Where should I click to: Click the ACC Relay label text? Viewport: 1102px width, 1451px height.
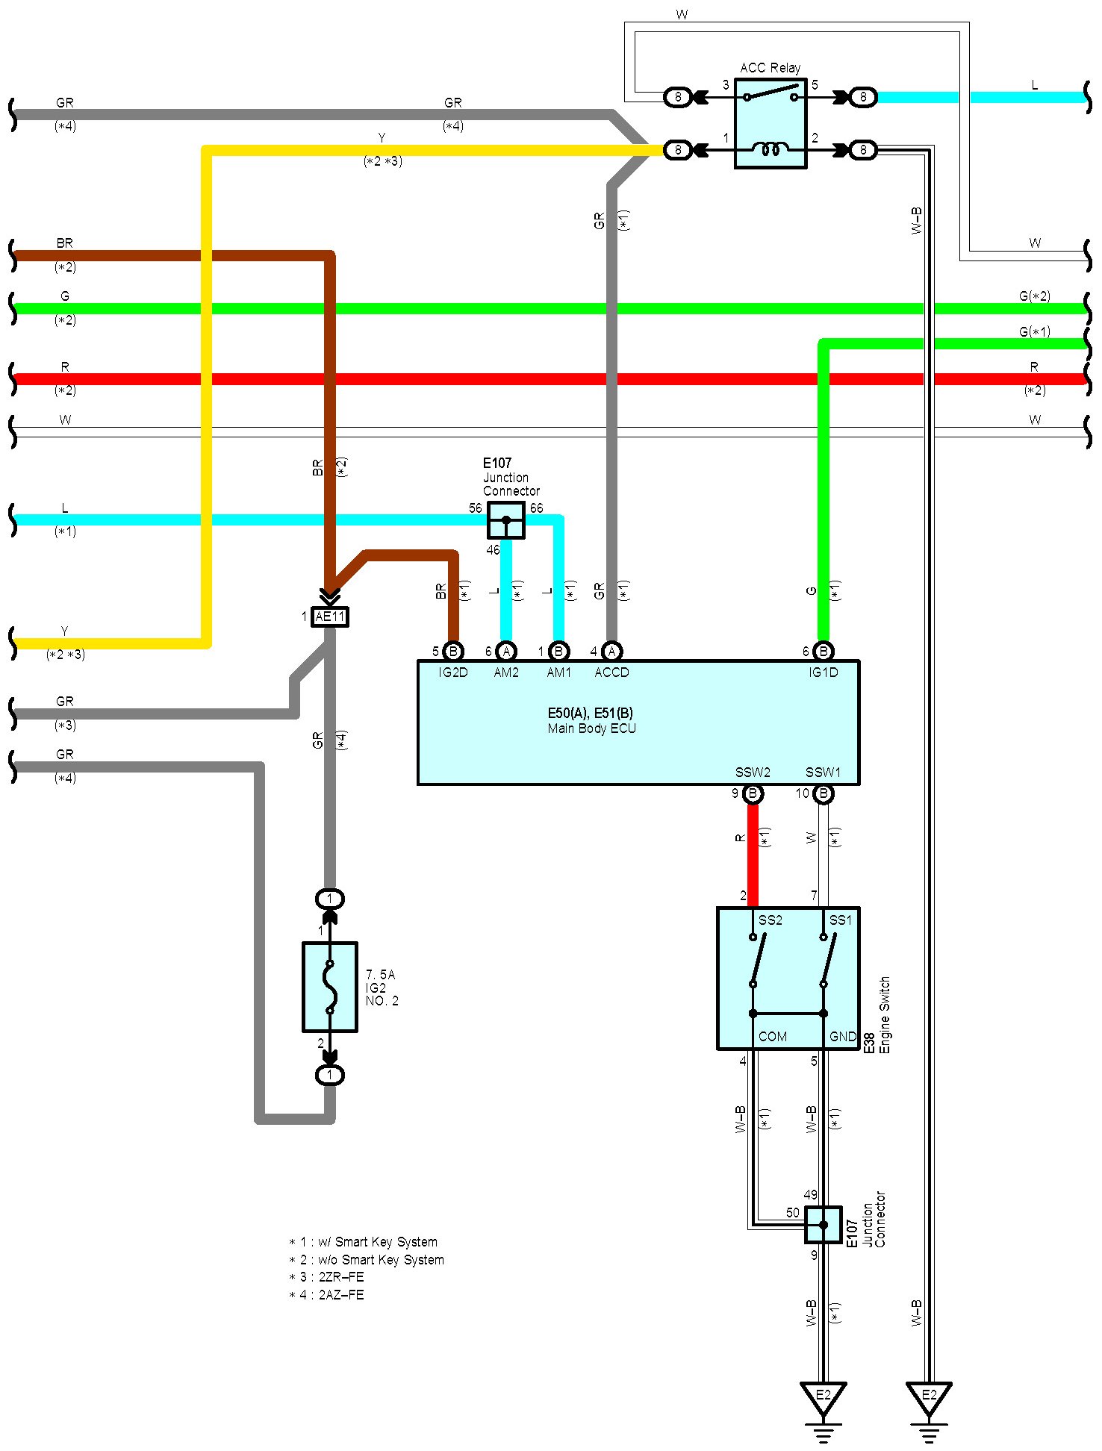point(770,68)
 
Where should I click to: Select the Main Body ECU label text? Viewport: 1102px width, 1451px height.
point(591,728)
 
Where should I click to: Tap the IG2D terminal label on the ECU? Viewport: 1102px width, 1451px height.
point(452,673)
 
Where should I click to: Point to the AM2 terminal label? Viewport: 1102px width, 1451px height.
point(506,673)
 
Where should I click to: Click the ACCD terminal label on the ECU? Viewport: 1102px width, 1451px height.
point(611,673)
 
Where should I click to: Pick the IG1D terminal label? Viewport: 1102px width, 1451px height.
point(823,673)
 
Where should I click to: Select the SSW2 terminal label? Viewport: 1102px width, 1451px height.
point(753,773)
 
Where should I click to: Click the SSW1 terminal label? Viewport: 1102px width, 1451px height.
point(823,773)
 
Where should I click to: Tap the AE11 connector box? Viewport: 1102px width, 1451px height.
point(330,617)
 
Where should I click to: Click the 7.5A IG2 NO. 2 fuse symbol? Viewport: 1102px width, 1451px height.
point(330,987)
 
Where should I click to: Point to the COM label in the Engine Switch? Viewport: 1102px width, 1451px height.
point(773,1037)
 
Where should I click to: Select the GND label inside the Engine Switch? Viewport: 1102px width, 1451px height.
point(843,1037)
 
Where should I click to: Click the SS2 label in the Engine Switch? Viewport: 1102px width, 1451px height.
point(771,920)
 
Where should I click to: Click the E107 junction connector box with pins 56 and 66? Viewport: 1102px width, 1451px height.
point(506,520)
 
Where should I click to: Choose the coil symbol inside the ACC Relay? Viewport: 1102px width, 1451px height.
point(771,150)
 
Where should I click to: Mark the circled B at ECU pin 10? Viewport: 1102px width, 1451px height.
point(823,794)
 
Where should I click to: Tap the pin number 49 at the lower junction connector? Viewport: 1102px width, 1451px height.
point(810,1195)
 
